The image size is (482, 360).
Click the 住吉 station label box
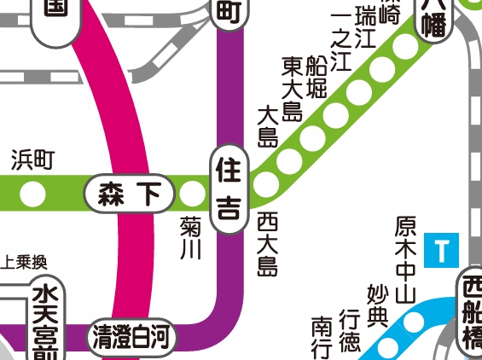[229, 185]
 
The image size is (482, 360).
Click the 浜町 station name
[32, 159]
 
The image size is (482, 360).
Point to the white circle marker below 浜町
[32, 195]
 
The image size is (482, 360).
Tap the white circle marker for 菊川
[192, 195]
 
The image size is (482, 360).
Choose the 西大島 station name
[268, 243]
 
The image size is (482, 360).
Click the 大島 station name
[268, 126]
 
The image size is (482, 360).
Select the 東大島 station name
[293, 90]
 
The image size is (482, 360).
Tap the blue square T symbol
[441, 251]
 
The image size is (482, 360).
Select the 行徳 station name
[350, 328]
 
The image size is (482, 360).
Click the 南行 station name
[322, 338]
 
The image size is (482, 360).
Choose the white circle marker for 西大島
[266, 183]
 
